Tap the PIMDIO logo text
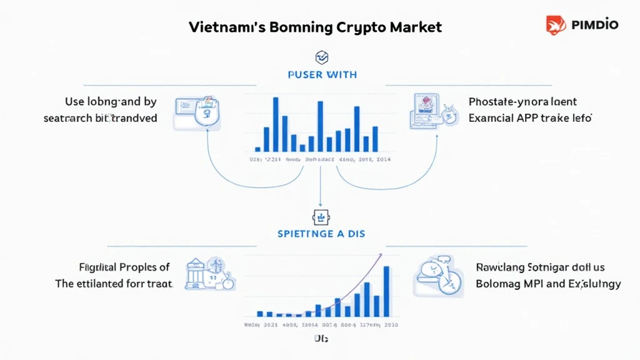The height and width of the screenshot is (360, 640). (x=594, y=25)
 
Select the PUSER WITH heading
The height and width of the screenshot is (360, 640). (x=322, y=75)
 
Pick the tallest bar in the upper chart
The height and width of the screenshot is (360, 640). (x=275, y=124)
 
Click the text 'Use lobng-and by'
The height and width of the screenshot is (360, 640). (x=111, y=101)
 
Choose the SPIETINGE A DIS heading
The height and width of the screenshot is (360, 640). (x=321, y=234)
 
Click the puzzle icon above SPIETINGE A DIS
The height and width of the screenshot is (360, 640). (x=320, y=217)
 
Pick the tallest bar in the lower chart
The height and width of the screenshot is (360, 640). (x=386, y=291)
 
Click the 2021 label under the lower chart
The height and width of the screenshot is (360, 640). (x=271, y=325)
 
